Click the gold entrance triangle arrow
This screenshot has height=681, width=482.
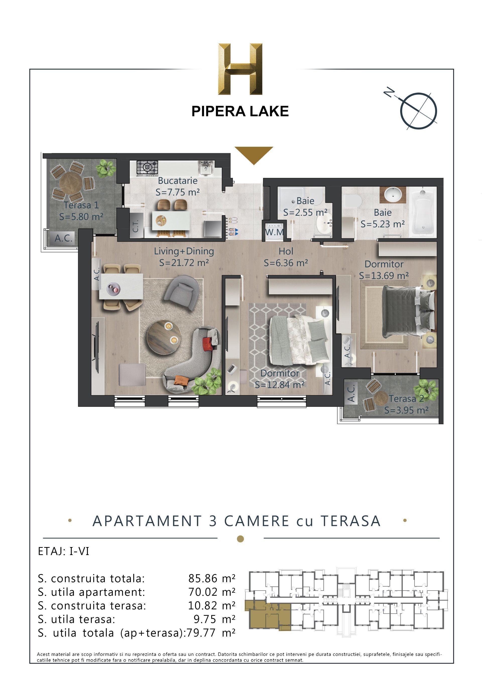click(254, 154)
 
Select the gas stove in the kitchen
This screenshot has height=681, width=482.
click(147, 168)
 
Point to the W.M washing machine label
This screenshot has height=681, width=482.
click(274, 232)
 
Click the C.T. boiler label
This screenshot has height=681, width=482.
click(136, 226)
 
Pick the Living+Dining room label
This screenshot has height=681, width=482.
click(184, 252)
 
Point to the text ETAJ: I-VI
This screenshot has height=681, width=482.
click(64, 551)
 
